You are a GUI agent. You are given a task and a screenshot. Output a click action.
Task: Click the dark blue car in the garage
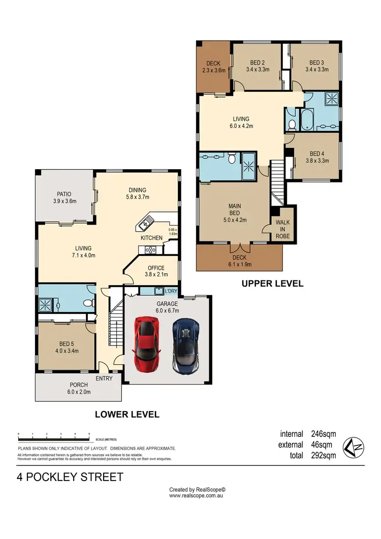click(185, 345)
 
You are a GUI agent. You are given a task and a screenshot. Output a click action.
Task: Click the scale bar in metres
click(54, 436)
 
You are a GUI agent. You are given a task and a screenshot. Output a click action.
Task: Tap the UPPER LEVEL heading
click(272, 283)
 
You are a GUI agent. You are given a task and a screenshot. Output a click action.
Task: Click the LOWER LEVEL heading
click(127, 415)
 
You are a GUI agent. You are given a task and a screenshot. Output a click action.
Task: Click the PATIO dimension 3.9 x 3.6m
click(64, 201)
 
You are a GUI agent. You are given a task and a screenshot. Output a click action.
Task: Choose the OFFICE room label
click(156, 268)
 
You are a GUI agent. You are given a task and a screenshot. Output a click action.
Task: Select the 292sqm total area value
click(323, 456)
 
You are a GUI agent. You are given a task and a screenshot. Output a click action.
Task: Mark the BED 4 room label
click(316, 153)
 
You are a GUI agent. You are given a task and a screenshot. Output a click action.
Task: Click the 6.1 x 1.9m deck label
click(239, 264)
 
